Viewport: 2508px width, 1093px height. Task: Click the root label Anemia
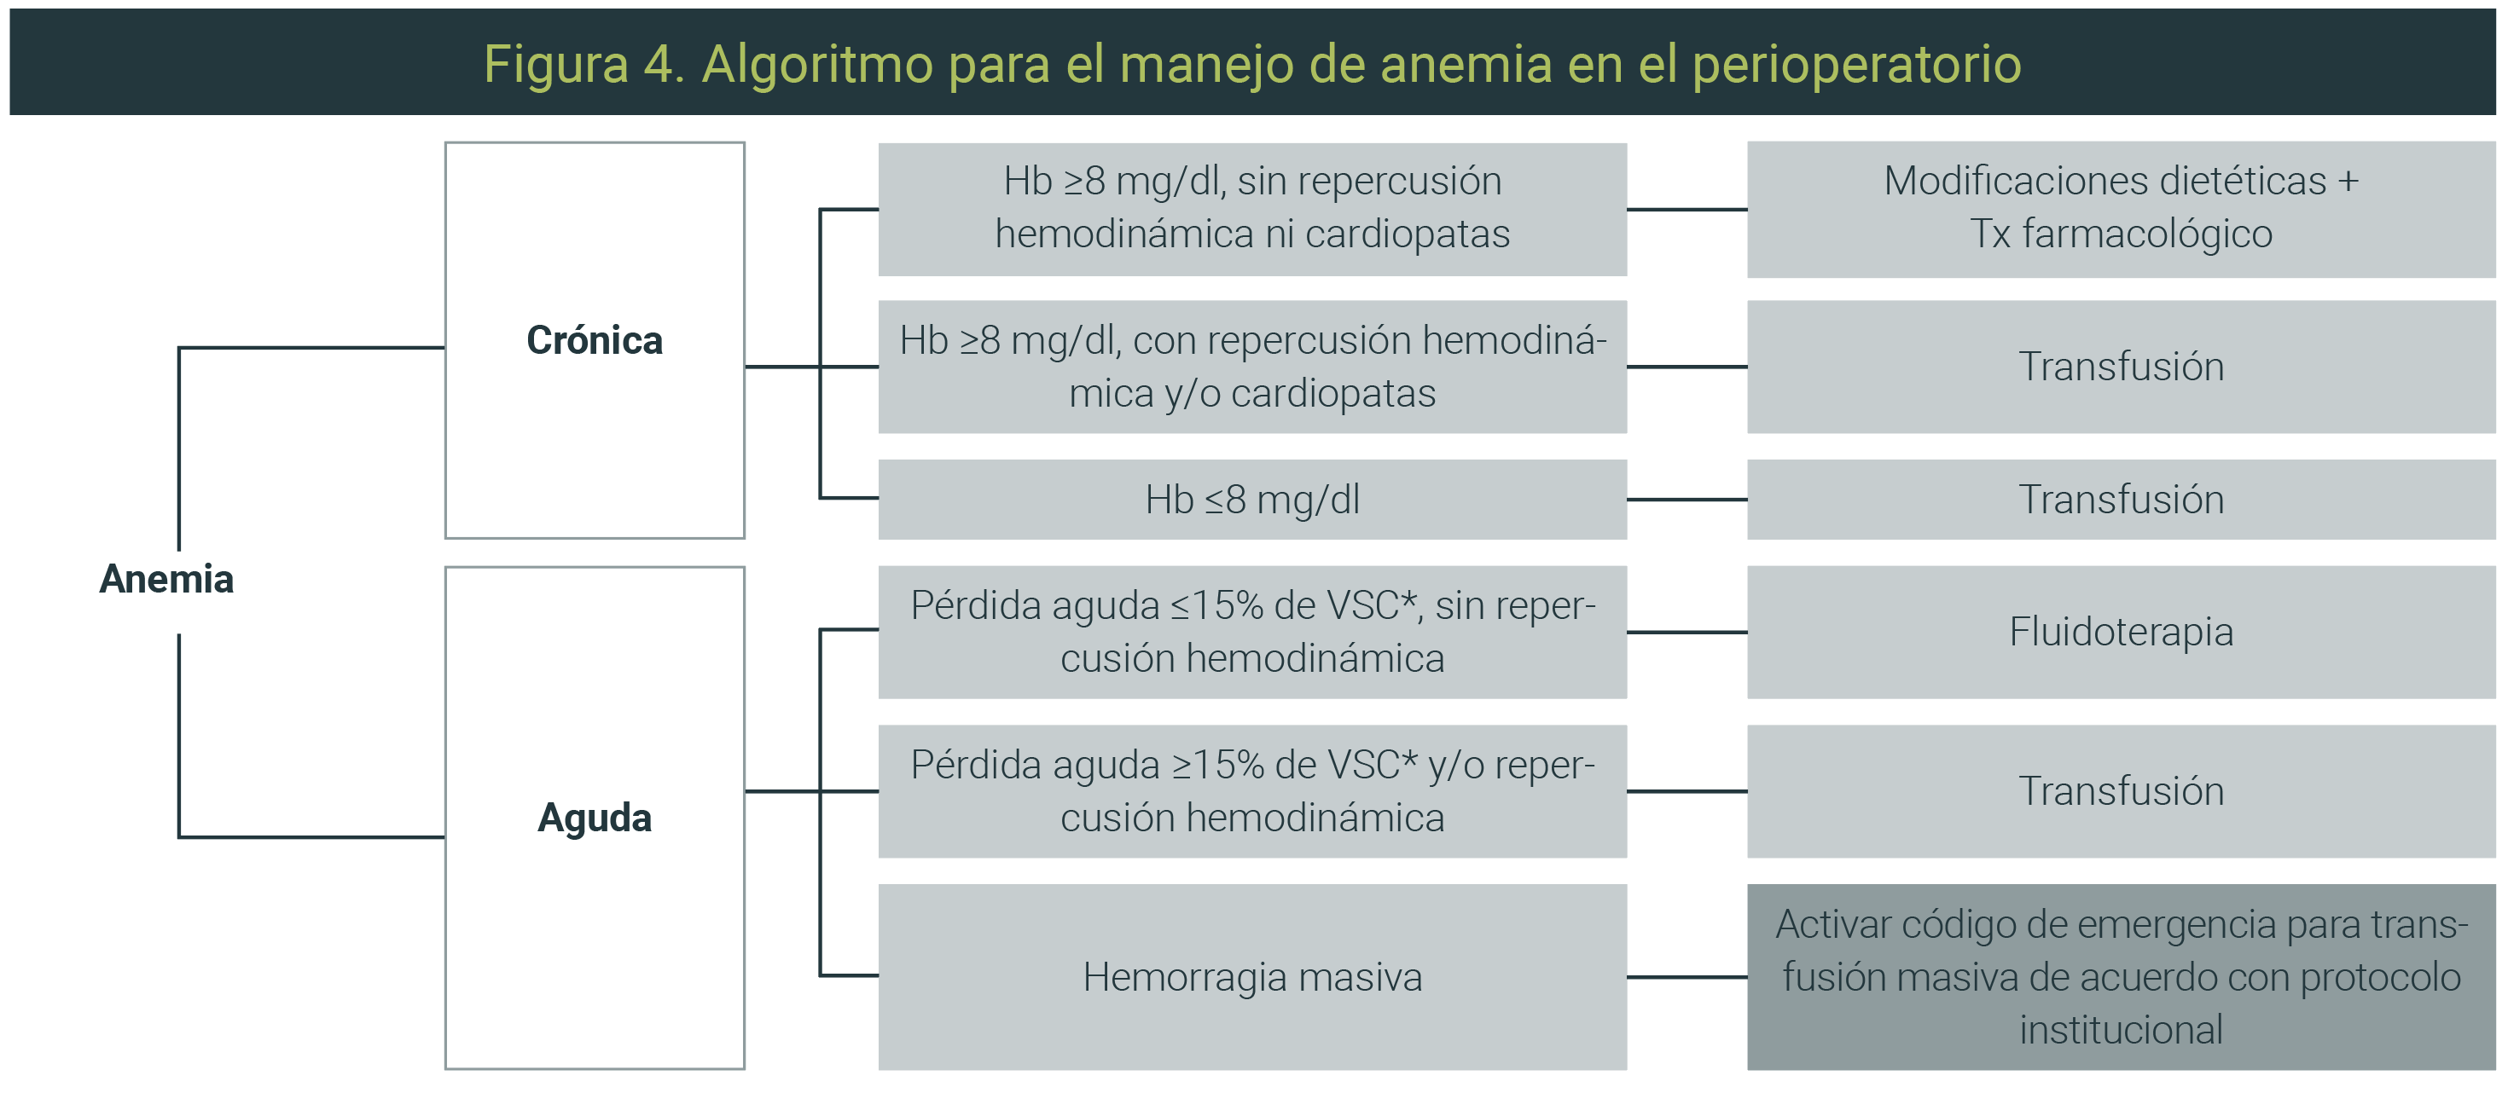[166, 579]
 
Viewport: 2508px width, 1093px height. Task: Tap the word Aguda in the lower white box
[595, 818]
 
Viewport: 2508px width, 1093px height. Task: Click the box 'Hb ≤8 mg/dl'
[1252, 500]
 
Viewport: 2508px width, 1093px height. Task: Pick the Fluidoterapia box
[2122, 632]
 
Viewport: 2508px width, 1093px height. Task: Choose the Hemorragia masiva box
[1252, 977]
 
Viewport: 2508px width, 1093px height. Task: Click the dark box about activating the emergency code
[2122, 977]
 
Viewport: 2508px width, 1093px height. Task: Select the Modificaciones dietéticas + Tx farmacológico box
[2122, 209]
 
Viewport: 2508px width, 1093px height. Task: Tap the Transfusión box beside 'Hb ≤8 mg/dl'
[2122, 500]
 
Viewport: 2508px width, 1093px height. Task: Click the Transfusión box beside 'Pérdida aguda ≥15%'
[2122, 791]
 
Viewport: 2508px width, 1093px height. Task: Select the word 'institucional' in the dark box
[2122, 1030]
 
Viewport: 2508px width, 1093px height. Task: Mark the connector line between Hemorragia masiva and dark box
[1687, 977]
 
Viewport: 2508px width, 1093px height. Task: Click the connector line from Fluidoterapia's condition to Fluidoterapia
[1687, 633]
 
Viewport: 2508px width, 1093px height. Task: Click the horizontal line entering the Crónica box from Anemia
[311, 348]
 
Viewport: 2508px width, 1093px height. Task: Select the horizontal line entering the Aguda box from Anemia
[311, 836]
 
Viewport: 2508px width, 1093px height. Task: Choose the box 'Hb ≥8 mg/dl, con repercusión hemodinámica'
[1252, 367]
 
